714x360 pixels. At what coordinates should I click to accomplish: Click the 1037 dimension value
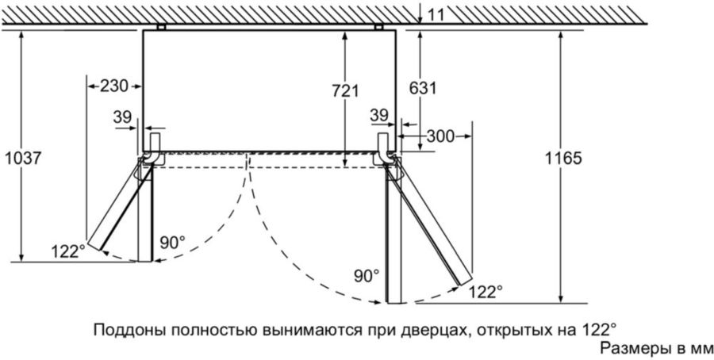22,158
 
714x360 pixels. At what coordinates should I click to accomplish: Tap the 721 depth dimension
346,90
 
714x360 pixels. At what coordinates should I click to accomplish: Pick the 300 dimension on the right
439,136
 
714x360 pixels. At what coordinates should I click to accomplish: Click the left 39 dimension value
122,117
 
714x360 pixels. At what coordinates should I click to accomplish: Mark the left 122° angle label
70,251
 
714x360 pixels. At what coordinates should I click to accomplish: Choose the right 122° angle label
486,292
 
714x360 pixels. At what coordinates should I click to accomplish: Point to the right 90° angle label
367,275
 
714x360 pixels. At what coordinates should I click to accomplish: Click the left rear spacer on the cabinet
161,27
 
